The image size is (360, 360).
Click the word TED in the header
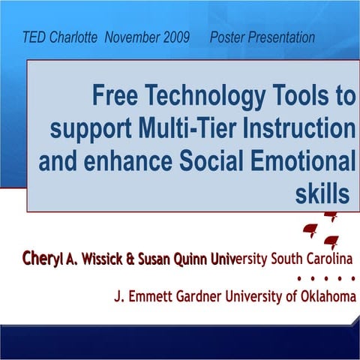[x=34, y=37]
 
